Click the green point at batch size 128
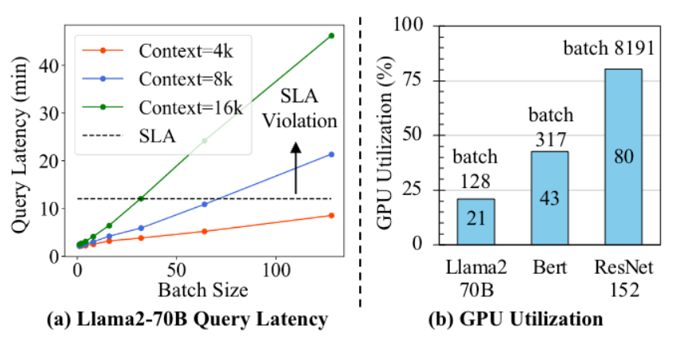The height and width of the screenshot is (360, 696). [330, 36]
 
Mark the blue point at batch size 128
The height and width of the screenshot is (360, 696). [330, 155]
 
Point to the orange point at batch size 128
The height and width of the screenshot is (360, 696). [330, 215]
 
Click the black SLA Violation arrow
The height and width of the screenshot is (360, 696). [295, 168]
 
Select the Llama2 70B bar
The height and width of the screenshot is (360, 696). [475, 221]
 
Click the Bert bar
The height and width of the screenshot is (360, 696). [549, 198]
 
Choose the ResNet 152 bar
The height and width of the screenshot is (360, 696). [623, 156]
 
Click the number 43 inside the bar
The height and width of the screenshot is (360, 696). [549, 198]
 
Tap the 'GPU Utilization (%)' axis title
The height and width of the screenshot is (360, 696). [385, 135]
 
